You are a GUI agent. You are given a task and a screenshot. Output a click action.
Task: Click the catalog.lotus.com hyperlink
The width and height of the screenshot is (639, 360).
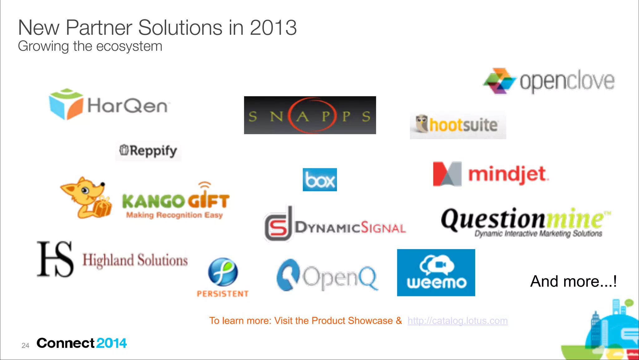457,321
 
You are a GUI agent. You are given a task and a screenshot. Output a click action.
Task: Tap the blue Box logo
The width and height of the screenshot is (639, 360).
319,180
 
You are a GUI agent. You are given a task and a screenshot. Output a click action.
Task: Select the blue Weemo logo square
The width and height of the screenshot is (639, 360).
436,272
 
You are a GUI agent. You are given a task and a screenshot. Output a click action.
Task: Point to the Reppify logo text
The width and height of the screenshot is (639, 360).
153,151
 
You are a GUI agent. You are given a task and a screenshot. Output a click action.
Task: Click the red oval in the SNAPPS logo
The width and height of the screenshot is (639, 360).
312,116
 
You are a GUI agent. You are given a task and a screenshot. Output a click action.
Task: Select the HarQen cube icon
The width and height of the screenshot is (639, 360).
66,104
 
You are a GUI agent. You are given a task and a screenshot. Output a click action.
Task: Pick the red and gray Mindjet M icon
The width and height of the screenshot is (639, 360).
447,174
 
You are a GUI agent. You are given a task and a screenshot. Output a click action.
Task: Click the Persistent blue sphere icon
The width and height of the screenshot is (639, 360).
223,272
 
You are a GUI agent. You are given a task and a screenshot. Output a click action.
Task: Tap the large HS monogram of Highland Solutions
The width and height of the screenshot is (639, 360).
55,259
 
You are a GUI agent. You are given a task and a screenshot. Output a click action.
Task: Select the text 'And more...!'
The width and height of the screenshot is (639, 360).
573,281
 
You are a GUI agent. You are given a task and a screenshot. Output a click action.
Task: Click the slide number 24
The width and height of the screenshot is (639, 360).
25,345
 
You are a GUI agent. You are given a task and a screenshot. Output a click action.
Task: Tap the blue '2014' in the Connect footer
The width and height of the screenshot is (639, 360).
111,343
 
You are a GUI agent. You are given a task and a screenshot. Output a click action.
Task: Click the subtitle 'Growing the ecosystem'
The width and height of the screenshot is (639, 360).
90,47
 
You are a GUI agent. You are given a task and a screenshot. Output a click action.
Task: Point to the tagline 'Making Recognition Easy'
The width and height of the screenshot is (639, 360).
174,215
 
